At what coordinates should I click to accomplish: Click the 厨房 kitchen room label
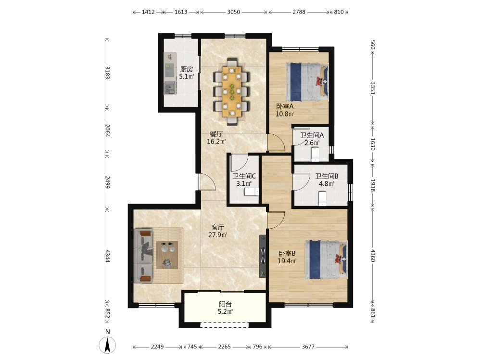187,69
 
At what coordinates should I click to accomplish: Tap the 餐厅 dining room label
216,134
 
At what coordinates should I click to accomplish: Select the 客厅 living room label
218,228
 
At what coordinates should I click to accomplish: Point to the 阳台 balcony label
225,304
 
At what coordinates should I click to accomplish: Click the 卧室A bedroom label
285,106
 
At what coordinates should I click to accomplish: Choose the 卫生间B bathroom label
327,176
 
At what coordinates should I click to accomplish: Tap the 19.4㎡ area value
287,261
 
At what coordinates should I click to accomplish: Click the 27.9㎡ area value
218,235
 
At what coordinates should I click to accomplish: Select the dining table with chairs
232,91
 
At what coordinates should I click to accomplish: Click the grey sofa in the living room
143,256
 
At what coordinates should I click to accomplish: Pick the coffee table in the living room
167,255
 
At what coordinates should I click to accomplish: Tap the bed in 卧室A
307,82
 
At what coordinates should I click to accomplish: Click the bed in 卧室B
326,260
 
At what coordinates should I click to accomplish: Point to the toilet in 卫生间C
252,192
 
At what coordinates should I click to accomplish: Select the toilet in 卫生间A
315,154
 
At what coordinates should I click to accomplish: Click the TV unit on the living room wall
263,257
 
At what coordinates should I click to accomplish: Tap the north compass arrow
107,345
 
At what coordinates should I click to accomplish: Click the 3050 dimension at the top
233,12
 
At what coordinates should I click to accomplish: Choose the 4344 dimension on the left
107,256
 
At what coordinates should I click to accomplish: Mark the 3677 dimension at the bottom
308,347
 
